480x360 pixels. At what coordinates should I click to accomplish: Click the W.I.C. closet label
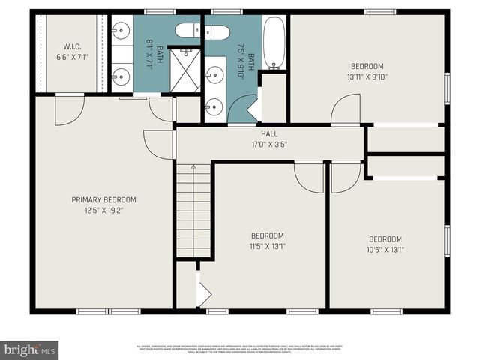[x=72, y=46]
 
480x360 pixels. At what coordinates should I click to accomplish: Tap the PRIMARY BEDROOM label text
[x=103, y=199]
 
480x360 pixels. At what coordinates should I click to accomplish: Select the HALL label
[x=269, y=133]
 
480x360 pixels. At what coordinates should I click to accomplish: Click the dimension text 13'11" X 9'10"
[x=367, y=76]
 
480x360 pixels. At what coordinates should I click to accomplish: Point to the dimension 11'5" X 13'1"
[x=268, y=245]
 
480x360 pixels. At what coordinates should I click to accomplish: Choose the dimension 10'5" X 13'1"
[x=385, y=250]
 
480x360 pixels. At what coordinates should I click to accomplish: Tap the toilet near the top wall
[x=203, y=32]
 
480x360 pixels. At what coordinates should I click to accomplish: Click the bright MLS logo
[x=30, y=349]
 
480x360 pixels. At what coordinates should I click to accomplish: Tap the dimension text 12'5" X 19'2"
[x=103, y=211]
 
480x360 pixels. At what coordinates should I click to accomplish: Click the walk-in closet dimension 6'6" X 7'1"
[x=72, y=56]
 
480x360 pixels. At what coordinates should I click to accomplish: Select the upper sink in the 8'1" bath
[x=121, y=31]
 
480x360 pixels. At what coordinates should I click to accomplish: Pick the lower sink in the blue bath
[x=214, y=106]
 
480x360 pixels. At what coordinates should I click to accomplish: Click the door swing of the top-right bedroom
[x=345, y=109]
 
